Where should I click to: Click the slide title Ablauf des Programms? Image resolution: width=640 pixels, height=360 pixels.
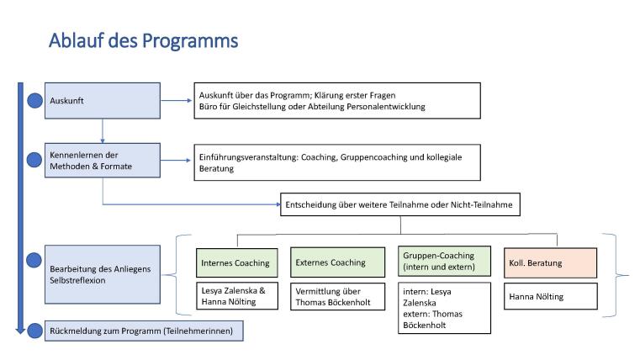[143, 40]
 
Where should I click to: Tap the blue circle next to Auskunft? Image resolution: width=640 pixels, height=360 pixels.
[34, 101]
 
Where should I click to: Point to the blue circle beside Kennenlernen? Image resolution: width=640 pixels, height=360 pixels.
[34, 159]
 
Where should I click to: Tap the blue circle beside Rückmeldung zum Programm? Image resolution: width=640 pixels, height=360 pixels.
[34, 331]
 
